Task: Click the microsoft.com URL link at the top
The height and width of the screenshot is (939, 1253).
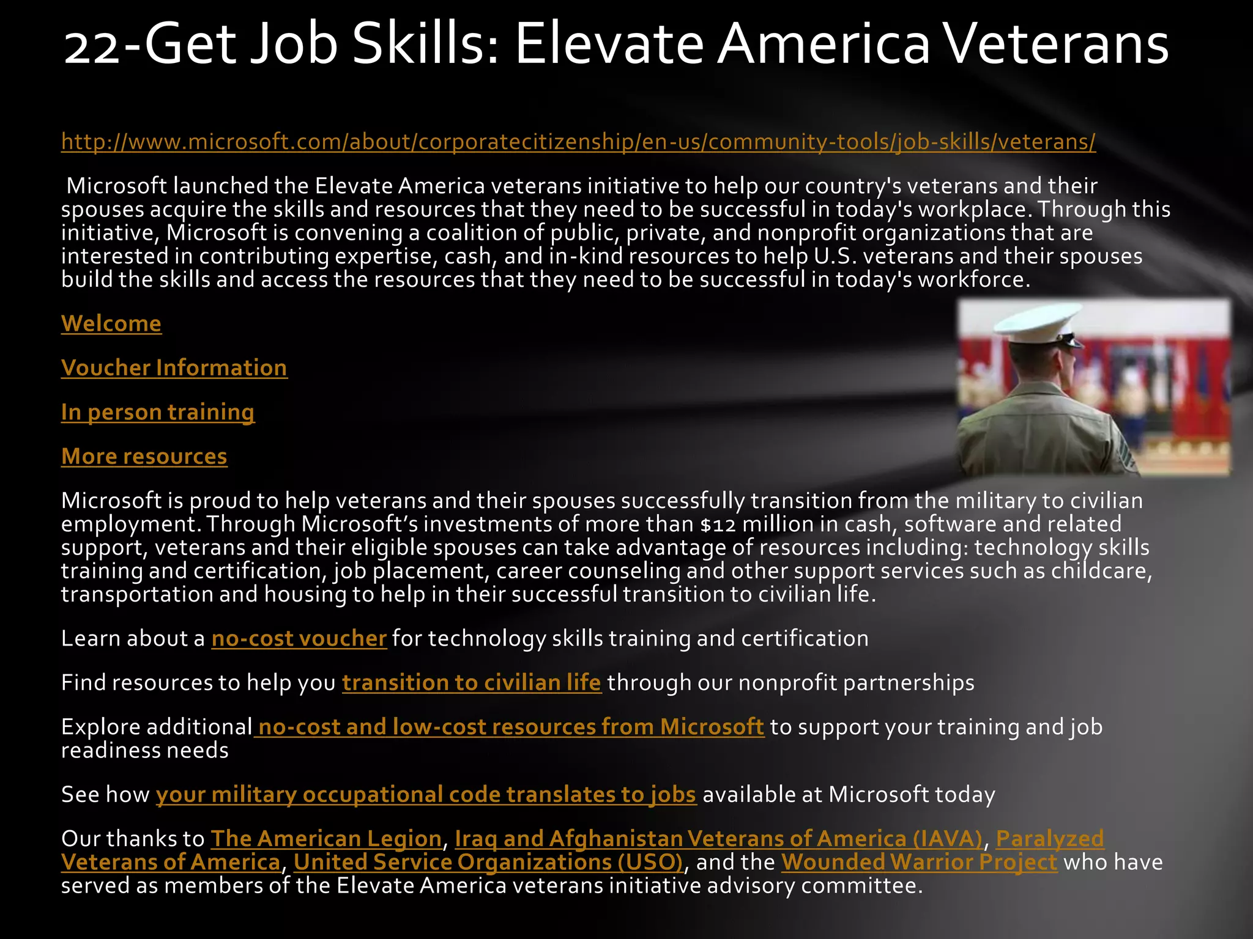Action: (x=578, y=142)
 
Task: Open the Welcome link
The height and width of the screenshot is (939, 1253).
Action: (x=111, y=323)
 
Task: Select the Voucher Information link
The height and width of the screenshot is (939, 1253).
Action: (x=174, y=368)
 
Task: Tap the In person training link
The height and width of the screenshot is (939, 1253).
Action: (x=158, y=413)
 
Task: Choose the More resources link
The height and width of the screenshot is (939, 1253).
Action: (x=144, y=457)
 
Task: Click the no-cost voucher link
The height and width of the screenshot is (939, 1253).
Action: (x=299, y=639)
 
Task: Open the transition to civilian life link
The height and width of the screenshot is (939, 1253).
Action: (x=472, y=683)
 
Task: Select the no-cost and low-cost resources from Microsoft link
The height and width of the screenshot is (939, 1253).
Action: (x=511, y=727)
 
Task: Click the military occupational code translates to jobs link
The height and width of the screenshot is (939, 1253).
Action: (x=426, y=795)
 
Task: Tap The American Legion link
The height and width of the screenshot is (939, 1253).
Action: (x=326, y=839)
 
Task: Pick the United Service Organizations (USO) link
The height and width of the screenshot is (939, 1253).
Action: (x=488, y=863)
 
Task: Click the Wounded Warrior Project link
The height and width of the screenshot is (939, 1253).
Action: (x=919, y=863)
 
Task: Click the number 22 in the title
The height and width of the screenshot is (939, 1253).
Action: (x=92, y=46)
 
